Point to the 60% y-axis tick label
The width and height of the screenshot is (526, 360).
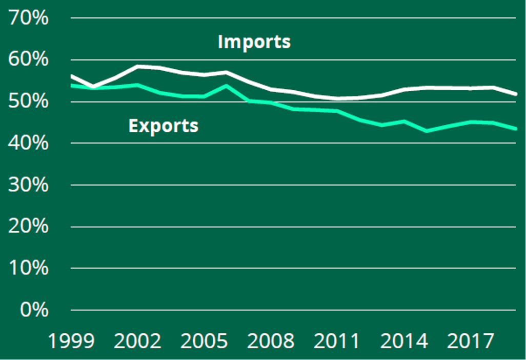[29, 60]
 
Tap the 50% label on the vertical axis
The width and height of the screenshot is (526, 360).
[29, 102]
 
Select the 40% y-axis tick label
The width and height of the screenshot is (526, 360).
[29, 143]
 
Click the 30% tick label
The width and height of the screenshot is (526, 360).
[29, 185]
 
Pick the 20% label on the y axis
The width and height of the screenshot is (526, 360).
[29, 226]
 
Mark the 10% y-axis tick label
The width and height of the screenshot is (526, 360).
[29, 268]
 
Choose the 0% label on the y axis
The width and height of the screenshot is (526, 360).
[33, 310]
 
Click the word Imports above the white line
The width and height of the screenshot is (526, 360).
[254, 42]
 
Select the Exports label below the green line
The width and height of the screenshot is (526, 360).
[164, 125]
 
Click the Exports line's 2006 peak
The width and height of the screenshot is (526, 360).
[226, 86]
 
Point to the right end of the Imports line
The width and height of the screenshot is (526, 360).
[515, 94]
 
